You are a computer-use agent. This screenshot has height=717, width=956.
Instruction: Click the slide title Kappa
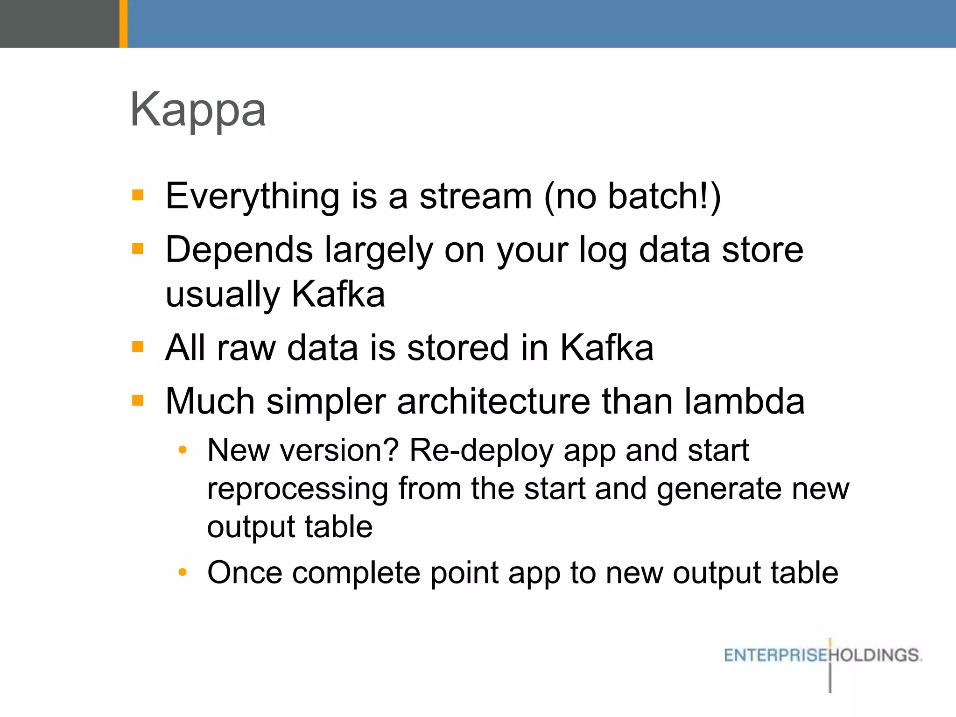tap(198, 110)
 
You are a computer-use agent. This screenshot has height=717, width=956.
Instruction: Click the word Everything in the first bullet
tap(252, 197)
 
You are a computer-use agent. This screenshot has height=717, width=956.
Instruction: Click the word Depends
tap(239, 250)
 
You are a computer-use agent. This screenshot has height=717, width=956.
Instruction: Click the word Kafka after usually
tap(338, 295)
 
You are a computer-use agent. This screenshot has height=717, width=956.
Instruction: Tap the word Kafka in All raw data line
tap(606, 348)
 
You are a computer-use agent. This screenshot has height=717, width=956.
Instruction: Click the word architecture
tap(493, 402)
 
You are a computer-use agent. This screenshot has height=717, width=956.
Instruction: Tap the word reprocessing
tap(297, 490)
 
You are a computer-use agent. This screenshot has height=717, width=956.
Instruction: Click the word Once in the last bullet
tap(245, 573)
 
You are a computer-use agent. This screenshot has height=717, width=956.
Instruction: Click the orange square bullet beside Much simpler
tap(138, 401)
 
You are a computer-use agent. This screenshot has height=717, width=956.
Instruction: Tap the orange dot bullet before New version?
tap(183, 450)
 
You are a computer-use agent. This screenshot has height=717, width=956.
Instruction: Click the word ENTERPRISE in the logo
tap(775, 655)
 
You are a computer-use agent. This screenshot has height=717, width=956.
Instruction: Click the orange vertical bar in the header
tap(123, 23)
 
